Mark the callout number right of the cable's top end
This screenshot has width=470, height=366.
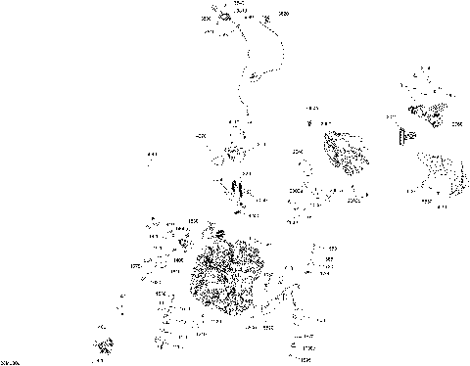pos(285,15)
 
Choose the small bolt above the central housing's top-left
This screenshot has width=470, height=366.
pos(310,123)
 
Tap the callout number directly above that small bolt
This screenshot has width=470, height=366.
pos(312,107)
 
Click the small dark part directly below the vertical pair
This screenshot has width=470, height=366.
pos(238,206)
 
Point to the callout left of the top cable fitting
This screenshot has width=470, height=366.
pos(207,19)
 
